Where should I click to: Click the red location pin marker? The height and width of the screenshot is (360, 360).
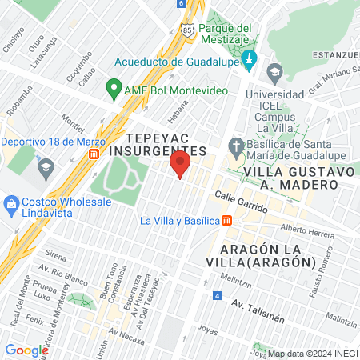click(x=180, y=166)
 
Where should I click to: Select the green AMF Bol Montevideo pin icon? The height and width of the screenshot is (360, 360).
click(x=114, y=89)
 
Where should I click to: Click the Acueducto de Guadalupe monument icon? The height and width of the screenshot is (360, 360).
click(x=249, y=60)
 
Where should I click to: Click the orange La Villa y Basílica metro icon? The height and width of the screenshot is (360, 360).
click(x=227, y=221)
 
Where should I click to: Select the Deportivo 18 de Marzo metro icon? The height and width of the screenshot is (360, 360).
click(x=95, y=153)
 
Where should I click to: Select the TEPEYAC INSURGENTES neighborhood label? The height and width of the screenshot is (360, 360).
click(x=155, y=144)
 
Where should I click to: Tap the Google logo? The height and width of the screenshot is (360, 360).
click(x=27, y=350)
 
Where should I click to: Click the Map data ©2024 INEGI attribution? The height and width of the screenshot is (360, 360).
click(x=313, y=354)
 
